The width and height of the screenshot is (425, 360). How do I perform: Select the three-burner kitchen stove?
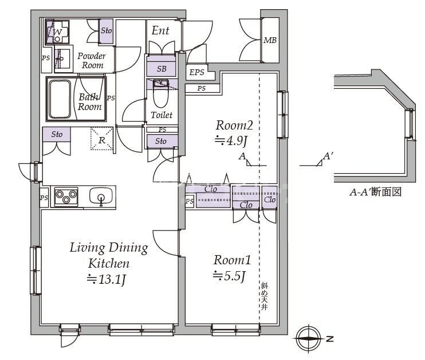click(x=66, y=197)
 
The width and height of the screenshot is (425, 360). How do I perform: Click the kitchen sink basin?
click(x=101, y=197)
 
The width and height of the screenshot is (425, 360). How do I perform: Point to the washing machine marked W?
click(x=57, y=32)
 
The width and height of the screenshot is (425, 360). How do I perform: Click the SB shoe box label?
click(x=162, y=69)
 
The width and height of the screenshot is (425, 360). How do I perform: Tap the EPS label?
click(x=196, y=72)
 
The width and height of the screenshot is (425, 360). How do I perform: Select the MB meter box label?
click(x=270, y=41)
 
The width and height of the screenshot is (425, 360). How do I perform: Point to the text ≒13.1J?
click(x=106, y=280)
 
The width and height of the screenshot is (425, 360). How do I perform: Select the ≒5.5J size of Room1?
click(x=229, y=275)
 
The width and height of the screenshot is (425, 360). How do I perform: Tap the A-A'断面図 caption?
click(x=375, y=193)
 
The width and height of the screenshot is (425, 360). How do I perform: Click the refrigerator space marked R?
click(x=101, y=139)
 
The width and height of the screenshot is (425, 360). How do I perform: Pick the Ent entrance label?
click(x=160, y=31)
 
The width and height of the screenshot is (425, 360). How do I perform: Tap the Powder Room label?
click(x=92, y=60)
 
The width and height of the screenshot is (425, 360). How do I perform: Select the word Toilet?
click(x=161, y=115)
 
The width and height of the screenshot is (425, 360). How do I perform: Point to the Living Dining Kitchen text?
click(x=108, y=256)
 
